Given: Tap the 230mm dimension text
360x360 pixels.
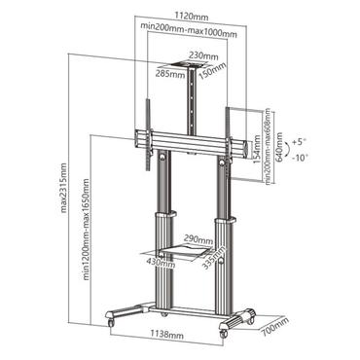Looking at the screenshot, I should [x=201, y=54].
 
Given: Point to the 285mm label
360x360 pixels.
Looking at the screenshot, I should [x=169, y=74].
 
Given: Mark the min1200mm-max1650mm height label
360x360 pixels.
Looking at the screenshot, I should [x=87, y=229].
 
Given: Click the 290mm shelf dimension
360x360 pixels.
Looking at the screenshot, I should [x=198, y=237].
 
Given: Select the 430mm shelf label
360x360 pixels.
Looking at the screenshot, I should [x=161, y=262].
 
